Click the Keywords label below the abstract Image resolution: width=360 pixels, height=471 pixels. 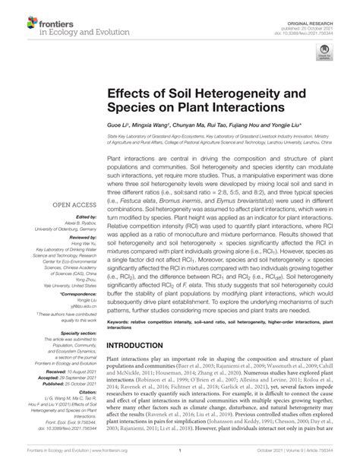point(122,322)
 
